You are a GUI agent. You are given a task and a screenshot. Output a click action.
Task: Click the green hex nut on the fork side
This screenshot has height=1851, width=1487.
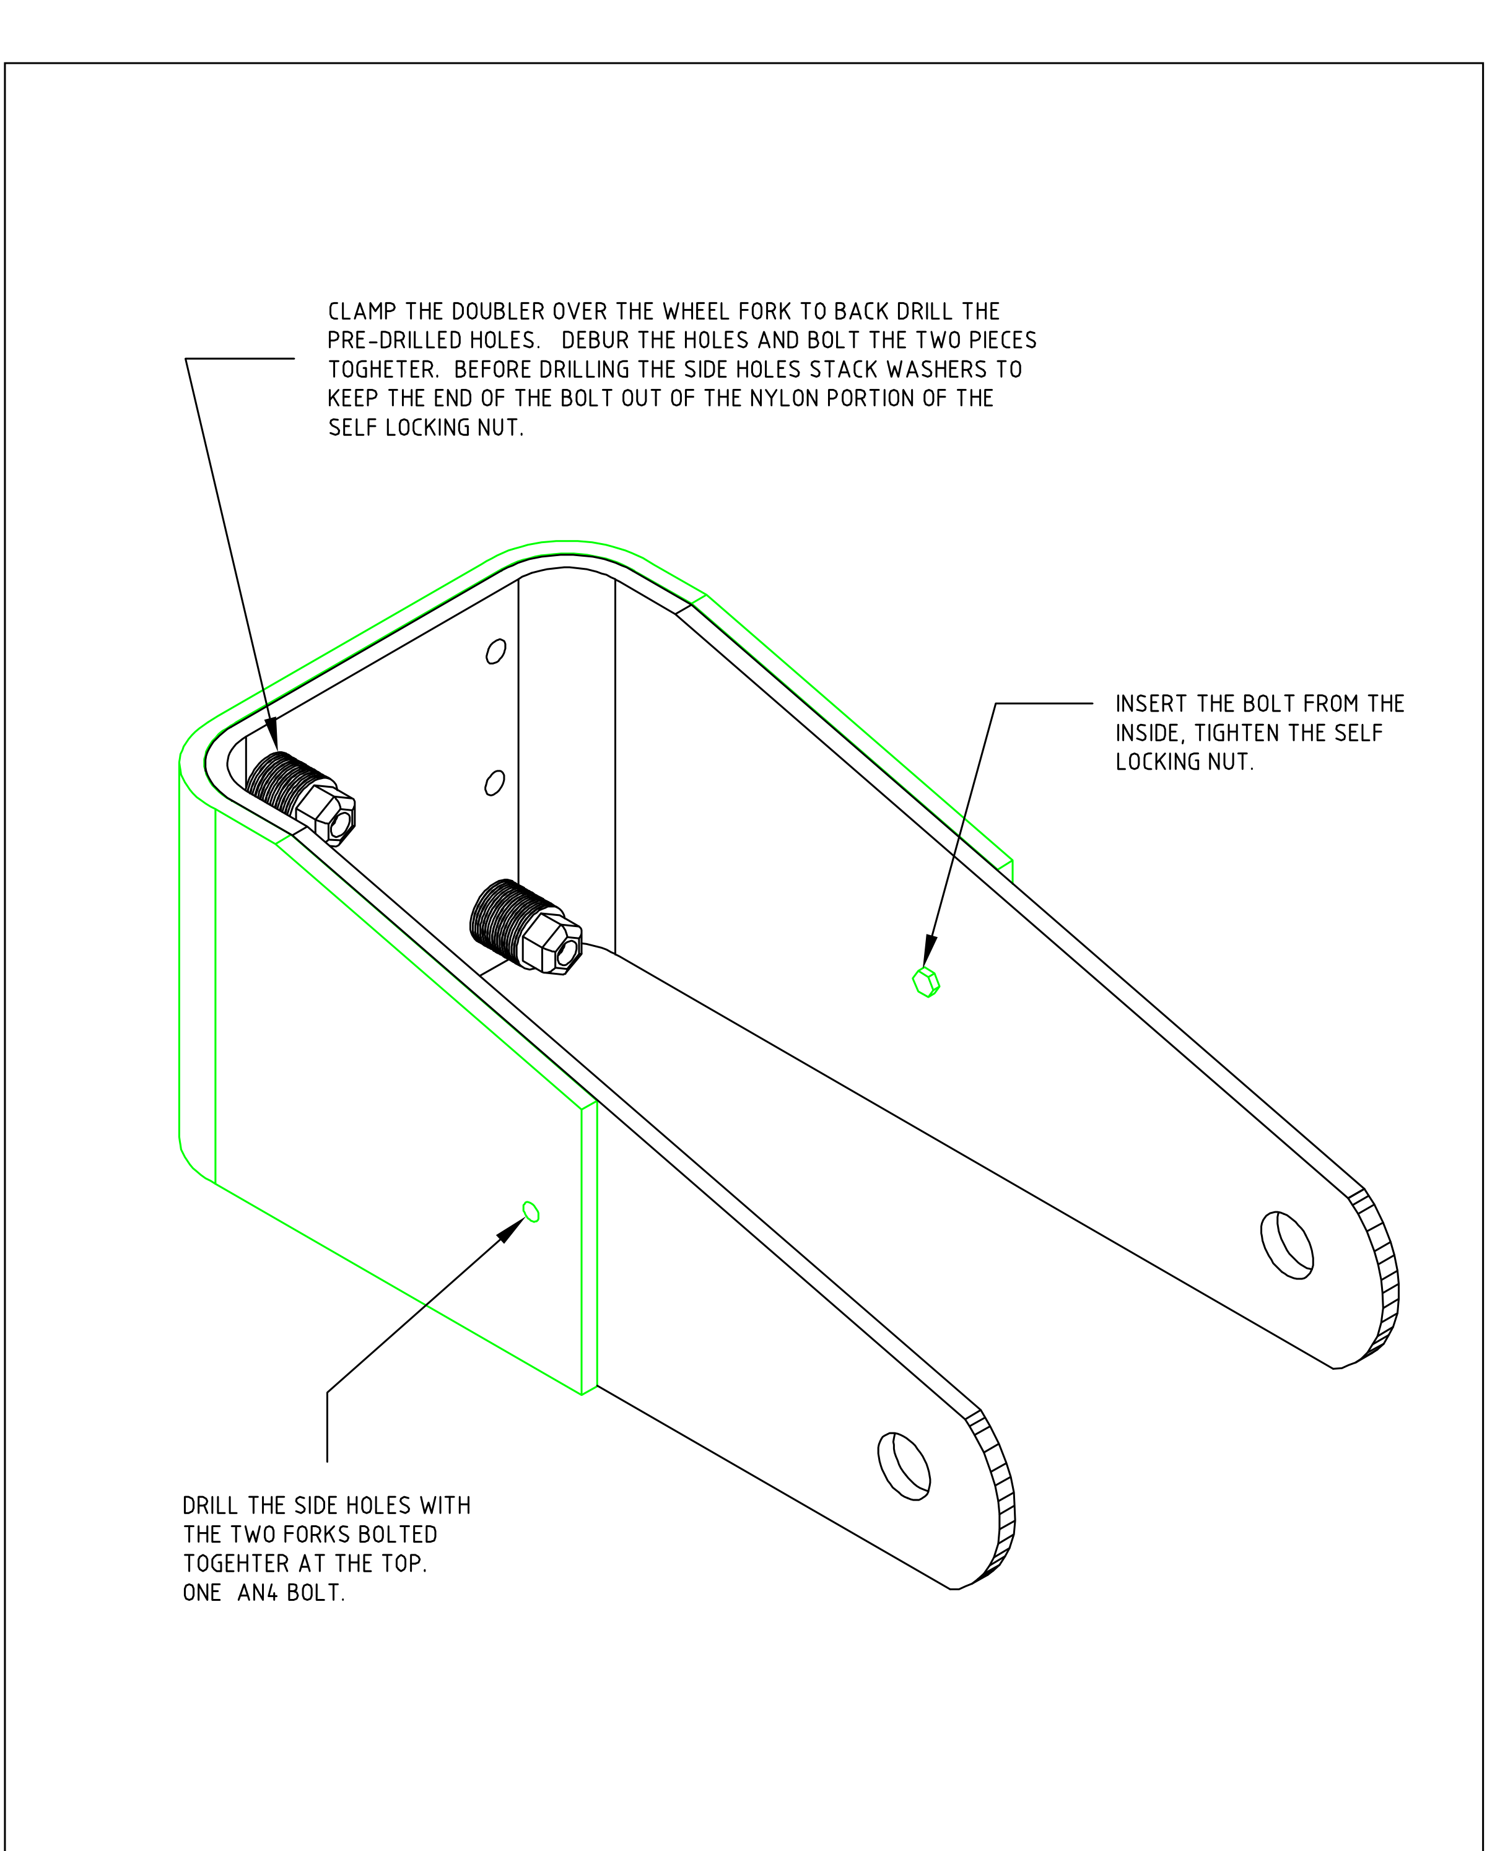[925, 982]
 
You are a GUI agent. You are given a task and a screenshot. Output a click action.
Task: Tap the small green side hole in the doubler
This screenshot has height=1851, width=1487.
[531, 1211]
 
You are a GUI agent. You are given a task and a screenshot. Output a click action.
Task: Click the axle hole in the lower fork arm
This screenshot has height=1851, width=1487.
[903, 1466]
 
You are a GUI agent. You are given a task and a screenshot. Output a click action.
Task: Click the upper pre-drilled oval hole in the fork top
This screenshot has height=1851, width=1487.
[495, 651]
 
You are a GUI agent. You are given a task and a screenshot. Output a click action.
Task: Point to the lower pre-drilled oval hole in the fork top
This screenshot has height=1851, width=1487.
[494, 783]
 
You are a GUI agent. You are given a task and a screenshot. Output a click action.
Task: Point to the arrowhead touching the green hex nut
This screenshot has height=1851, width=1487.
[930, 951]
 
